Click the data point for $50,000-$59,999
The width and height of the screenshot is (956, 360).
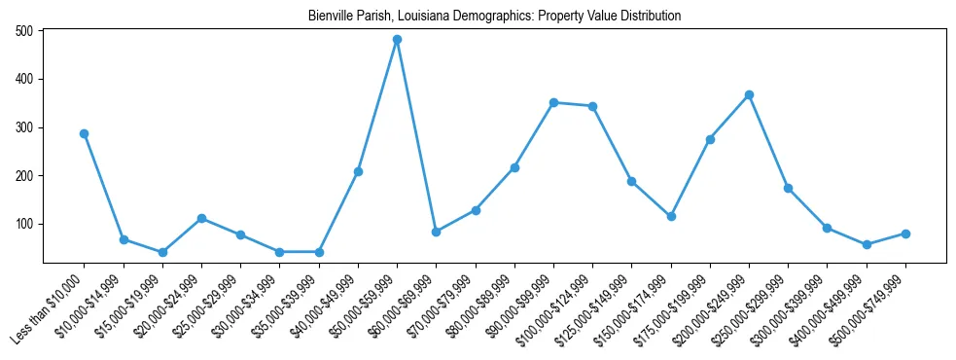coord(397,40)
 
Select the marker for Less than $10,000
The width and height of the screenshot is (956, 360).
coord(85,133)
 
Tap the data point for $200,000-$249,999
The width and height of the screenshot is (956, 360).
coord(749,94)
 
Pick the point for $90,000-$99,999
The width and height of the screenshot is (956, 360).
coord(553,102)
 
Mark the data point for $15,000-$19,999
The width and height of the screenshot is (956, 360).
coord(162,252)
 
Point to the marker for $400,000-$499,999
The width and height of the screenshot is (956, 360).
coord(867,244)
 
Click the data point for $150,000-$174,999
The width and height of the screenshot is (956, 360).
coord(671,216)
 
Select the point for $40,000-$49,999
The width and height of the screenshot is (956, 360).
coord(358,171)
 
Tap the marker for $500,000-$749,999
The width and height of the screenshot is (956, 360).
coord(905,234)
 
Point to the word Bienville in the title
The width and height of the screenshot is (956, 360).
coord(331,17)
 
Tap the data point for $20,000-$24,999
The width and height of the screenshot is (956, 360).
coord(201,218)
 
